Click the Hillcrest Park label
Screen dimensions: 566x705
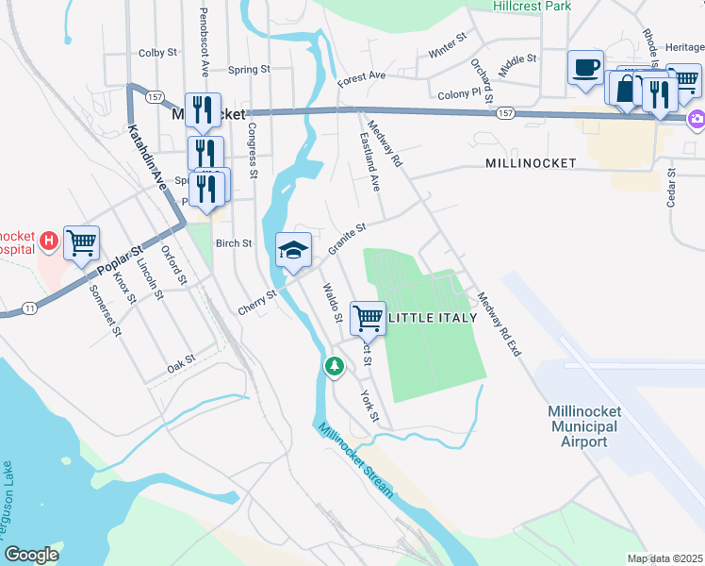[533, 6]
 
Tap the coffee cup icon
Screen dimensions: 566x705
[585, 68]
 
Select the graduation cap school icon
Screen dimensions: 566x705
[293, 250]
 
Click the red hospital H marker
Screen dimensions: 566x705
[50, 243]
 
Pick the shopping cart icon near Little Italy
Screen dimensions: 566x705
[368, 317]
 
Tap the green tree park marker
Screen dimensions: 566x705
[333, 366]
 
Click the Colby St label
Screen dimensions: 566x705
[157, 54]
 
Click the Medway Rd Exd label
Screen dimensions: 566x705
[499, 322]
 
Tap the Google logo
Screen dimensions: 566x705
[31, 555]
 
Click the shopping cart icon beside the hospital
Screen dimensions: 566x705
[82, 242]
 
